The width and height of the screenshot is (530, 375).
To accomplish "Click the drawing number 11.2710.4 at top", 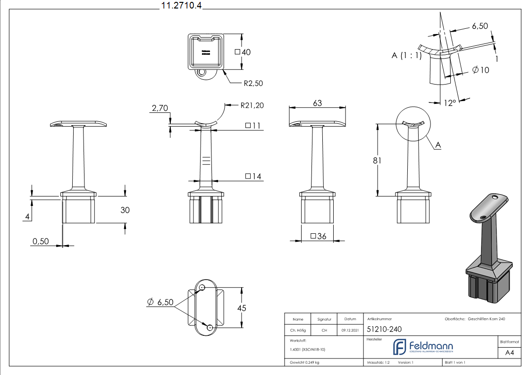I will coord(182,6).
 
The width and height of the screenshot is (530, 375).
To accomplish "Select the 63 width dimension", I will coord(317,102).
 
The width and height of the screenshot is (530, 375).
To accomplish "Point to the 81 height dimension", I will coord(377,160).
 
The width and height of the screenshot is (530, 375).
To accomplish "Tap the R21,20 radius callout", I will coord(252,105).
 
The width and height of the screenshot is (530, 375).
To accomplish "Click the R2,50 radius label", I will coord(253,83).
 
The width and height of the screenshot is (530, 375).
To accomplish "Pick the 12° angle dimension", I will coord(450,102).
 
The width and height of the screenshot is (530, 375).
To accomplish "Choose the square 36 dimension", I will coord(319,236).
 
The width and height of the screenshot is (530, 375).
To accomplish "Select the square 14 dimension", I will coord(253,177).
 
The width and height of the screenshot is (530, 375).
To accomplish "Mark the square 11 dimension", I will coord(253,126).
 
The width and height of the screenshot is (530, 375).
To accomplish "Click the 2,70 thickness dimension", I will coord(160,109).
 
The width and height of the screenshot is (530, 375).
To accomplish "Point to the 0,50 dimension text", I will coord(41,241).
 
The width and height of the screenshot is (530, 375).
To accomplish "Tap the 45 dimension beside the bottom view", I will coord(242,307).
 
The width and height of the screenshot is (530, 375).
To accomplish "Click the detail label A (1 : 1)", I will coord(406,56).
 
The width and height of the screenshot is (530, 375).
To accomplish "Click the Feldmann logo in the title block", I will coord(423,347).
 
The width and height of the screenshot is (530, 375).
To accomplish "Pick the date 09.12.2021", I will coord(350,330).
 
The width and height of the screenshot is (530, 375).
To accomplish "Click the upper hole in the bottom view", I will coord(202,287).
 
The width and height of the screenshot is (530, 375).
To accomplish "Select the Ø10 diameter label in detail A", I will coord(481,70).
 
